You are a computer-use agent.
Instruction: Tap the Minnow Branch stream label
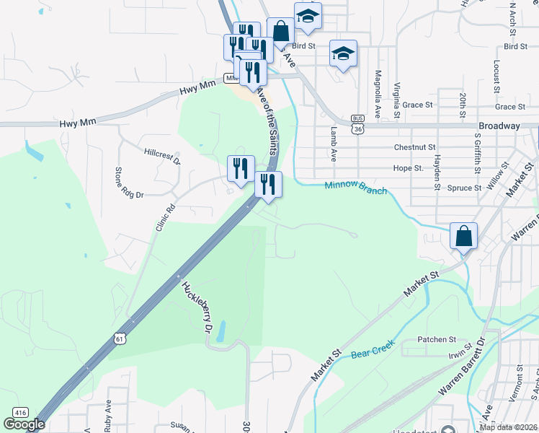click(x=355, y=188)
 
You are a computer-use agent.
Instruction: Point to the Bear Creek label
click(x=370, y=354)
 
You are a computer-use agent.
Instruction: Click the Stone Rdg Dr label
click(x=130, y=183)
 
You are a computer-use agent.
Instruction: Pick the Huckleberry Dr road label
click(x=197, y=306)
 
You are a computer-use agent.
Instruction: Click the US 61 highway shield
click(x=118, y=336)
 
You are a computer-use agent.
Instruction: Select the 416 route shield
click(x=20, y=412)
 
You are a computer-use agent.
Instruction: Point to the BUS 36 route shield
click(x=358, y=123)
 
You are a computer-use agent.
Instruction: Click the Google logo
click(x=24, y=424)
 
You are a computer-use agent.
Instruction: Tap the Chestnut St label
click(x=412, y=147)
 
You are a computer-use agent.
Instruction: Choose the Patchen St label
click(x=437, y=339)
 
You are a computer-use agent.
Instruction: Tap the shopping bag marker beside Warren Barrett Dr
click(x=464, y=235)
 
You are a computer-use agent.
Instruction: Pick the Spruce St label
click(x=464, y=188)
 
